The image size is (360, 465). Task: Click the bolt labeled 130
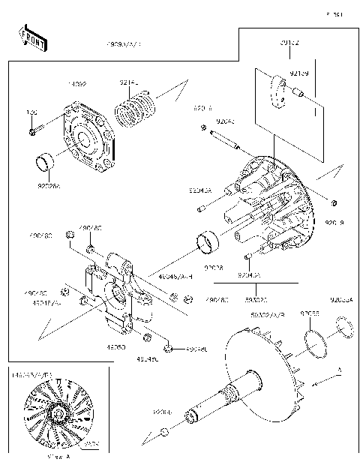click(34, 133)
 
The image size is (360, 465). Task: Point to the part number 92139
click(299, 73)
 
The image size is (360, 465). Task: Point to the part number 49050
click(115, 347)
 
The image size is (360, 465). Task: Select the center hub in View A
click(58, 413)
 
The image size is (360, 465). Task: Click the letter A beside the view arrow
click(338, 370)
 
